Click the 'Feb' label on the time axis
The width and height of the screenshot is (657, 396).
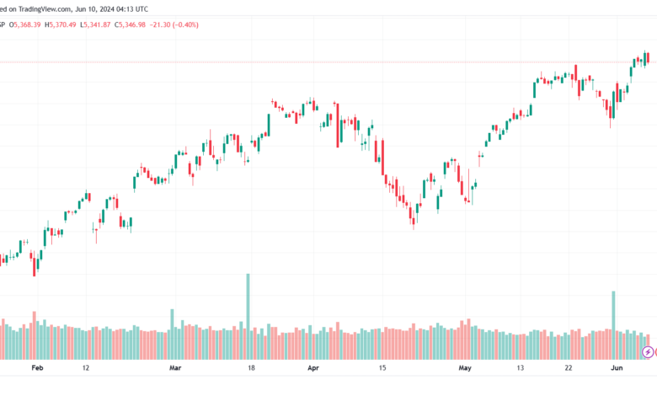coord(36,368)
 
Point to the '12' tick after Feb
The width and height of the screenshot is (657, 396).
coord(86,368)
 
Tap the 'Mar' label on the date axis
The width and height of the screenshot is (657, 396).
coord(175,368)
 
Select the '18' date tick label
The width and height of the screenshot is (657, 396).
coord(251,368)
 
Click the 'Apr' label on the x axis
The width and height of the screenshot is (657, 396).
coord(313,368)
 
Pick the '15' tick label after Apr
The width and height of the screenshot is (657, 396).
coord(382,368)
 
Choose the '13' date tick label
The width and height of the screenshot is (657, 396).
coord(520,368)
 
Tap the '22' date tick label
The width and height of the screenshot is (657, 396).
coord(569,368)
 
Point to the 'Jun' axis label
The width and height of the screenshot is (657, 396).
coord(617,368)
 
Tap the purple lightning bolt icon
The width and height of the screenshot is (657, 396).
coord(647,351)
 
